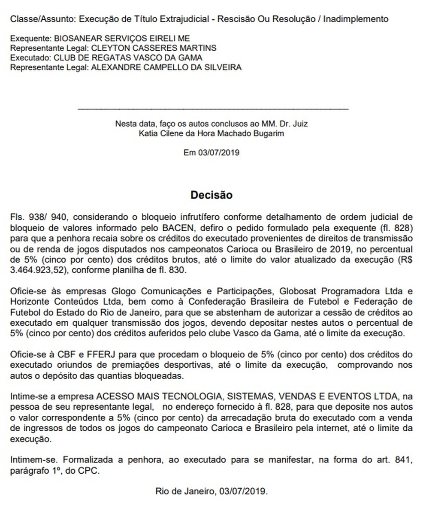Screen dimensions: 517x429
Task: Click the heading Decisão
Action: pyautogui.click(x=211, y=195)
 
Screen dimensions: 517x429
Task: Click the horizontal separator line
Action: pyautogui.click(x=213, y=109)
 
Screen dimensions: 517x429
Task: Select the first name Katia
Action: pyautogui.click(x=147, y=133)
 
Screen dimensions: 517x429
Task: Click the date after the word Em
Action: pyautogui.click(x=218, y=153)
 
